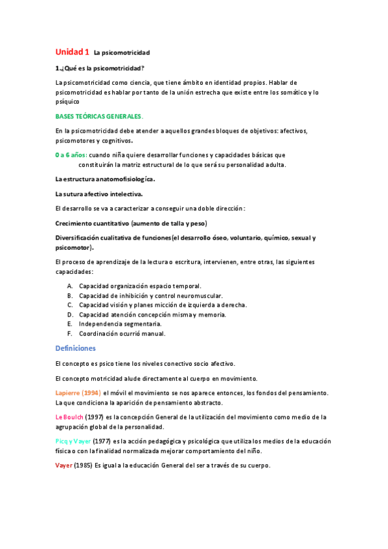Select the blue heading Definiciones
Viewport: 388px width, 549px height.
[75, 348]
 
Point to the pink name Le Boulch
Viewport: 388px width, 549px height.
[69, 417]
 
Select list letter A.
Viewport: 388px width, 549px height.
[69, 286]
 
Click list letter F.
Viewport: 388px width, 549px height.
[69, 334]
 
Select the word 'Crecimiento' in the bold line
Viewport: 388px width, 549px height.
[76, 223]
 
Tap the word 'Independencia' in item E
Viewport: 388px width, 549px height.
[101, 324]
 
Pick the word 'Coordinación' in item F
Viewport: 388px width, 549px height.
[100, 334]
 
